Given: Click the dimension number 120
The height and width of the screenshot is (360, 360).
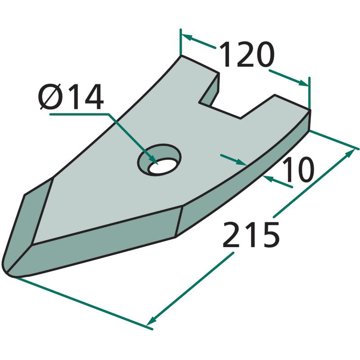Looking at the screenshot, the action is (x=247, y=54).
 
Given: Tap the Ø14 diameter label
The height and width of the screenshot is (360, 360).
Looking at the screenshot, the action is (x=71, y=97).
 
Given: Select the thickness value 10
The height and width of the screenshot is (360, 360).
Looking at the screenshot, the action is (x=298, y=170).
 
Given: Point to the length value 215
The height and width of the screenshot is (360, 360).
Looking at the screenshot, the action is (x=251, y=234).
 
